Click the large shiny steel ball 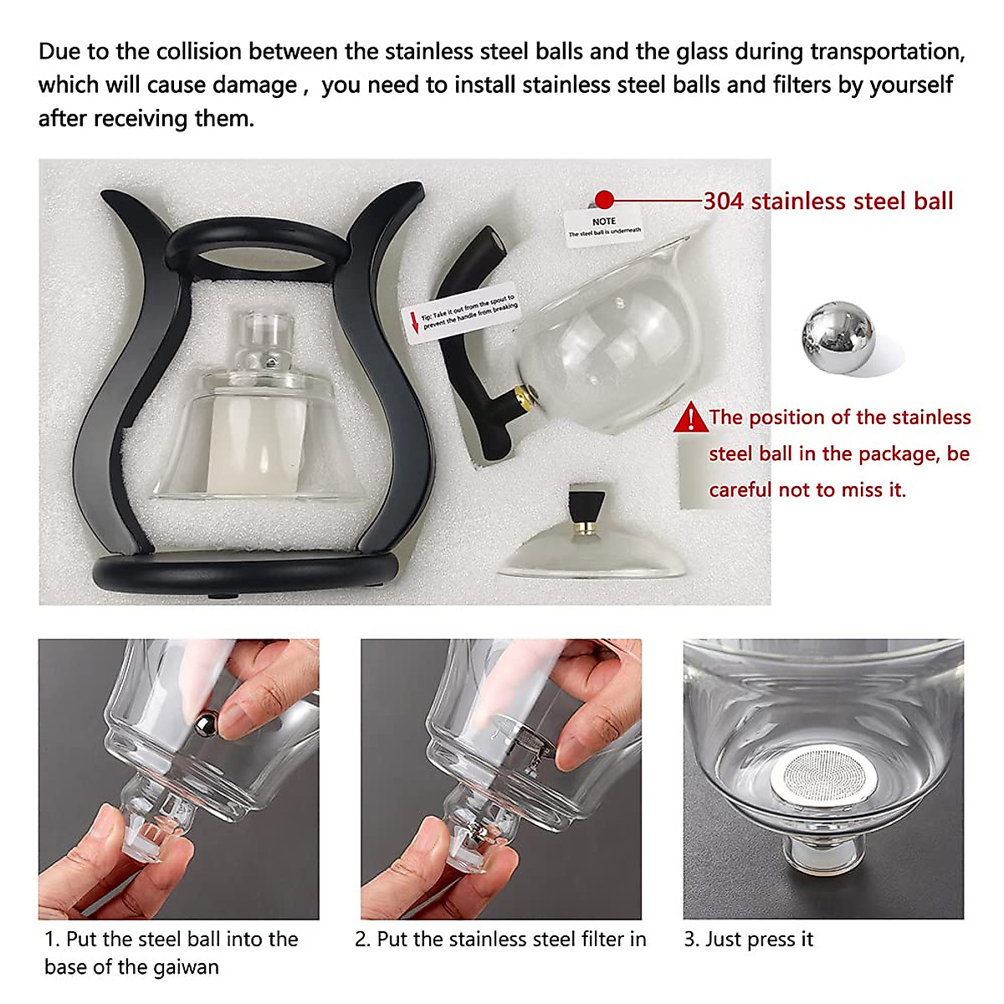point(838,338)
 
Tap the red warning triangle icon point(691,417)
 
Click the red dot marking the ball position point(605,200)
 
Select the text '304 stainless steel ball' point(827,201)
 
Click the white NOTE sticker point(603,224)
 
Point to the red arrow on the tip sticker point(412,322)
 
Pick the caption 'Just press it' point(759,940)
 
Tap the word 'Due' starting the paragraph point(59,52)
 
